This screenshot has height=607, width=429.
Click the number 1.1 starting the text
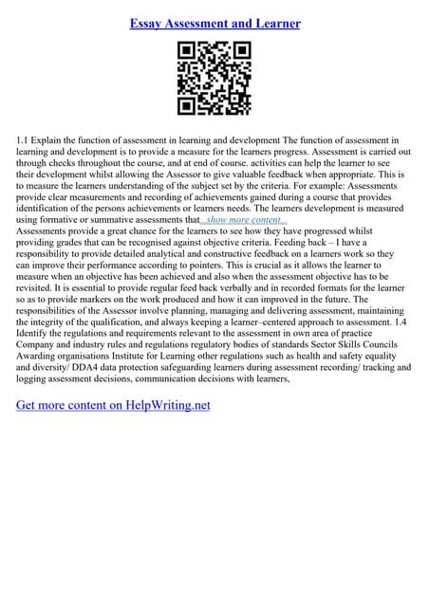coord(24,140)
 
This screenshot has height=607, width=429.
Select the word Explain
coord(55,140)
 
